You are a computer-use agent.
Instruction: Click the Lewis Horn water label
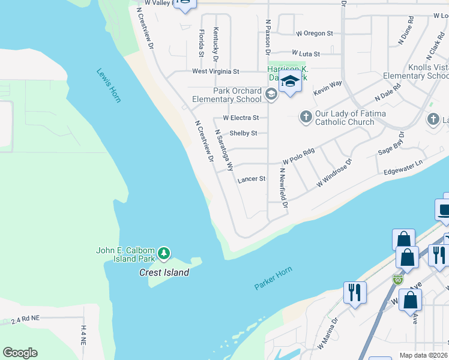(x=109, y=85)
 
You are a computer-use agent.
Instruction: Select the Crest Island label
(x=164, y=272)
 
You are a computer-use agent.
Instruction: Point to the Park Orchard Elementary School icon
(x=271, y=93)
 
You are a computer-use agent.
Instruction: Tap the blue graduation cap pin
(x=290, y=82)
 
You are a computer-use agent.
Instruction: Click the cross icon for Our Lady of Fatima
(x=306, y=116)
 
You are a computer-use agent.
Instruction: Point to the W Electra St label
(x=241, y=118)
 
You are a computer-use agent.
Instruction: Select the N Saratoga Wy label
(x=223, y=150)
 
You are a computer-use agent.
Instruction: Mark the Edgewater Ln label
(x=403, y=168)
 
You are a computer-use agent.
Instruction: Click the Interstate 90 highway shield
(x=397, y=279)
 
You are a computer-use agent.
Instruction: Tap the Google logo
(x=20, y=353)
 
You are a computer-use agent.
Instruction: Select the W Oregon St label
(x=314, y=34)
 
